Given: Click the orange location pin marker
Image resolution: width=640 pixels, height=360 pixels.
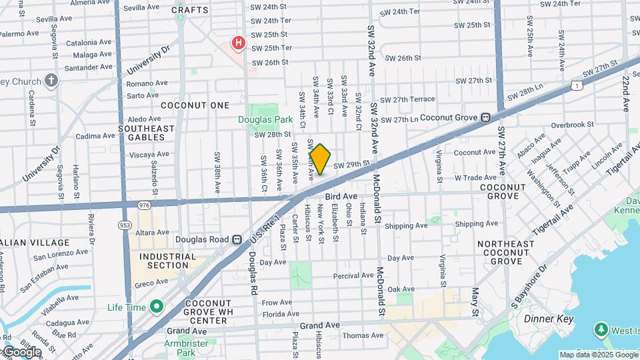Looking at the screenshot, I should pos(320,159).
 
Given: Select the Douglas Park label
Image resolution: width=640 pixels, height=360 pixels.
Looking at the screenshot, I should pos(265,120).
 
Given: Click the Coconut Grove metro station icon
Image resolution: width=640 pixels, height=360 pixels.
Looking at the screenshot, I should pos(486,118).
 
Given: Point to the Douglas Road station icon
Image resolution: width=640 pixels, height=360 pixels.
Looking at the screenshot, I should pos(236,239).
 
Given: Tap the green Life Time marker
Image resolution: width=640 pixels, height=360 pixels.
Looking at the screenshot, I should pos(157,307).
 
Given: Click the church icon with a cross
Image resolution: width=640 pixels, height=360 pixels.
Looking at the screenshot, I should pos(51,81).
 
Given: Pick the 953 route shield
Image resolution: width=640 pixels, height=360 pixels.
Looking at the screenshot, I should pos(125,225).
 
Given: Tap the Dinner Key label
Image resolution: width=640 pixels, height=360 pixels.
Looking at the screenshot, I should pos(549,319).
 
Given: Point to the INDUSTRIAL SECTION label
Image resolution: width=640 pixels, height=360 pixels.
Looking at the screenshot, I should pos(167,261).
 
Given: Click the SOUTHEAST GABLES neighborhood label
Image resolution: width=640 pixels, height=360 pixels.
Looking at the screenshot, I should pos(146,133).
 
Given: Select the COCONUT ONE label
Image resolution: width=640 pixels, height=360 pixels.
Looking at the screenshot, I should pos(195,105).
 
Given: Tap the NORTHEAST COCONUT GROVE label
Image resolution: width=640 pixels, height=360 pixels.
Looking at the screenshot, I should pos(505,253).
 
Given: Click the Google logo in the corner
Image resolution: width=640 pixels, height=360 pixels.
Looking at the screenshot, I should pos(21,351).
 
